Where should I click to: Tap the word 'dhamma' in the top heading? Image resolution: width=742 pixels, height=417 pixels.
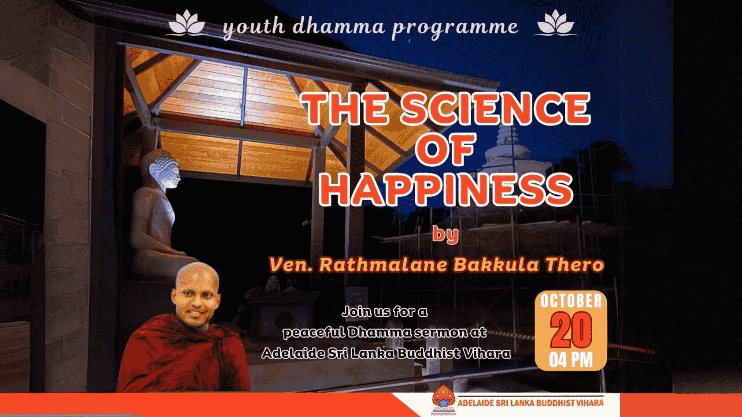coord(339,26)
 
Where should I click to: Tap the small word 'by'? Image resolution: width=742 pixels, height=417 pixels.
coord(446,235)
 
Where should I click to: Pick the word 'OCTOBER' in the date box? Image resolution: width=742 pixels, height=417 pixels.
coord(571,301)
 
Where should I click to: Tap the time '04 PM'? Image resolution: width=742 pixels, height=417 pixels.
coord(571,360)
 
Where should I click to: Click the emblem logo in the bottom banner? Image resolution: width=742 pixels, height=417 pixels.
coord(442,401)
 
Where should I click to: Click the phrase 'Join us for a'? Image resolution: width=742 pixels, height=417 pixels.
coord(384,312)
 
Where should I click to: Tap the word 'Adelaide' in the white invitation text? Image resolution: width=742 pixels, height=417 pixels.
coord(291,354)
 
